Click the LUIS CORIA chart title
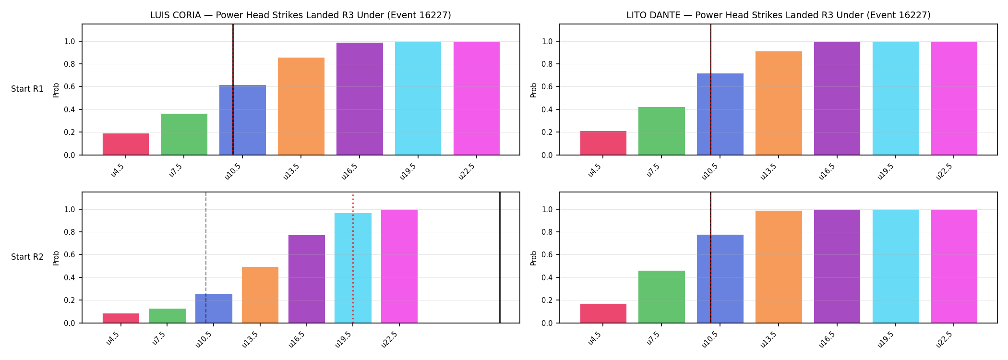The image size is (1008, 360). [x=300, y=15]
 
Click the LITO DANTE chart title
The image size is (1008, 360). [x=778, y=15]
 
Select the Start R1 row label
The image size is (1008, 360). [x=27, y=89]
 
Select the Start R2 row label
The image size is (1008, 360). [x=27, y=257]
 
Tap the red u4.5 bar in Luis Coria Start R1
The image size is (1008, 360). [x=126, y=144]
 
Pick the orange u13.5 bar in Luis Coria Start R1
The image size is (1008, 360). [x=301, y=106]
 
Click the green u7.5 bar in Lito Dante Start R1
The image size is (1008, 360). [x=661, y=131]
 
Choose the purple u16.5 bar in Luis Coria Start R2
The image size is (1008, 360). [x=307, y=279]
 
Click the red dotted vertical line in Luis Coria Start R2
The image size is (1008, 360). [x=353, y=259]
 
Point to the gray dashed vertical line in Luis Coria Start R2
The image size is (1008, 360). [x=206, y=257]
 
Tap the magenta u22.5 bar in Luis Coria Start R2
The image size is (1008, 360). [x=399, y=266]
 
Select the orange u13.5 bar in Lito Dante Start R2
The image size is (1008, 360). [x=779, y=267]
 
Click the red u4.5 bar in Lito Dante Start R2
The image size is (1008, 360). [x=603, y=313]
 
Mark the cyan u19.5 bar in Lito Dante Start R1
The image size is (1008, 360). [x=896, y=98]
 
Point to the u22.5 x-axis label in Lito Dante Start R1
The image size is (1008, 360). [x=945, y=171]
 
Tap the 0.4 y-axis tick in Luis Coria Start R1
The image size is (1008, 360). [x=69, y=110]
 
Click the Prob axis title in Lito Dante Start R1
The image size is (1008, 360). [x=534, y=90]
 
